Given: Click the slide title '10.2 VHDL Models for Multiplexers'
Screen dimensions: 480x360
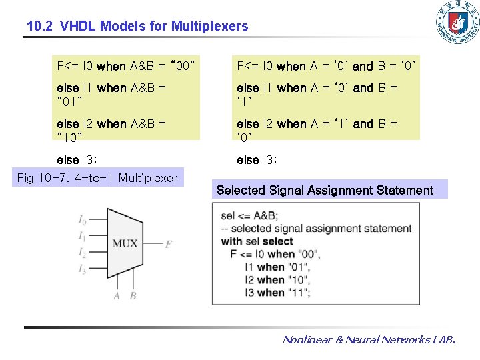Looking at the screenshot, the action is [137, 27].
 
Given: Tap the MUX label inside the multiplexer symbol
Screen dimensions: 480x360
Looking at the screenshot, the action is [125, 243].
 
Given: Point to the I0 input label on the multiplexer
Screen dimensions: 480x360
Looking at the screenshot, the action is [82, 220].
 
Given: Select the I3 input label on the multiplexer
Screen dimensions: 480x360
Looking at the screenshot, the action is [82, 269].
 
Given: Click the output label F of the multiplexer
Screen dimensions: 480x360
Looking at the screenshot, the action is [169, 244].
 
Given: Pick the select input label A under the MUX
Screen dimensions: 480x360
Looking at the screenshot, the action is [117, 295].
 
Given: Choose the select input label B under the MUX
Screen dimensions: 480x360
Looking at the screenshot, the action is [133, 295].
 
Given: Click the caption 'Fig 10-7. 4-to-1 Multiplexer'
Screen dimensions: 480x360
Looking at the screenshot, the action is [97, 178].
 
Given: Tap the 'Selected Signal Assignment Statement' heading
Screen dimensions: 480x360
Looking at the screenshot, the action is [325, 190].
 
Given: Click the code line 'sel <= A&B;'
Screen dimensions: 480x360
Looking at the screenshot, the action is [249, 216].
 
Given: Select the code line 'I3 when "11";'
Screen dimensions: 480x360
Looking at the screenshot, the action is [278, 292].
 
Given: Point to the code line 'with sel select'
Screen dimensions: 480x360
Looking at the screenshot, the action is [257, 241].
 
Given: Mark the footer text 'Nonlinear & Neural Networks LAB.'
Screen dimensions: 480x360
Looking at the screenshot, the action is [369, 340].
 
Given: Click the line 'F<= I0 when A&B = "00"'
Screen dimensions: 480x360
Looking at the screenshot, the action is [125, 66].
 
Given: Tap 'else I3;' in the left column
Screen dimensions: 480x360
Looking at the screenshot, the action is [77, 160].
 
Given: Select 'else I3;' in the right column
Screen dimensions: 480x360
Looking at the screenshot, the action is [257, 160].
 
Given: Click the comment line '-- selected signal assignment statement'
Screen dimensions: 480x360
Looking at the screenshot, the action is [316, 229].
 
